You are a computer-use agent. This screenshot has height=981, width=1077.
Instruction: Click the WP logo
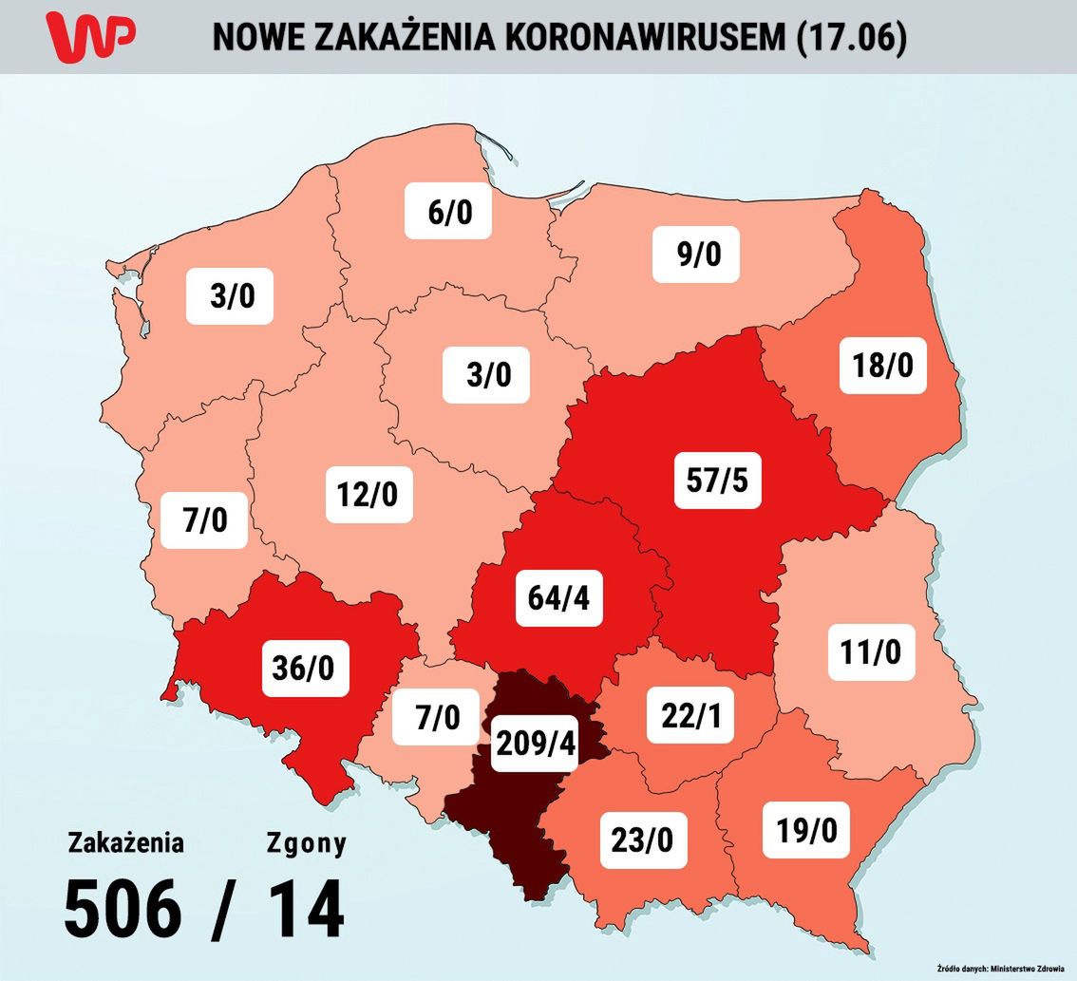pos(91,36)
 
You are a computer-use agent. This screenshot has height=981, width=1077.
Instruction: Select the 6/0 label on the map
pos(449,211)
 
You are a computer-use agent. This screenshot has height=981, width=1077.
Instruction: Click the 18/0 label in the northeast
pos(883,364)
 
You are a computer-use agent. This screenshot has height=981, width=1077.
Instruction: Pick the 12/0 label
pos(369,494)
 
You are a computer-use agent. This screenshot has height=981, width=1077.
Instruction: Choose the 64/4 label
pos(559,598)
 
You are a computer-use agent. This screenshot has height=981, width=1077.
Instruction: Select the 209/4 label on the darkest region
pos(536,744)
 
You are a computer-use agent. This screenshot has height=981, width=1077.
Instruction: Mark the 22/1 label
pos(690,714)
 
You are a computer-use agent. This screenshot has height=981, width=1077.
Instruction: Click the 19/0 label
pos(806,829)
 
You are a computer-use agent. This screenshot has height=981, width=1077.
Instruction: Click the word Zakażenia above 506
pos(125,842)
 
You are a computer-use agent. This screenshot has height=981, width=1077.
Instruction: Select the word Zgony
pos(306,842)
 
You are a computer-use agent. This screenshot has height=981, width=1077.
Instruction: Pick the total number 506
pos(123,909)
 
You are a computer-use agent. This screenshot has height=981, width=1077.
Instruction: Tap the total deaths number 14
pos(306,909)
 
